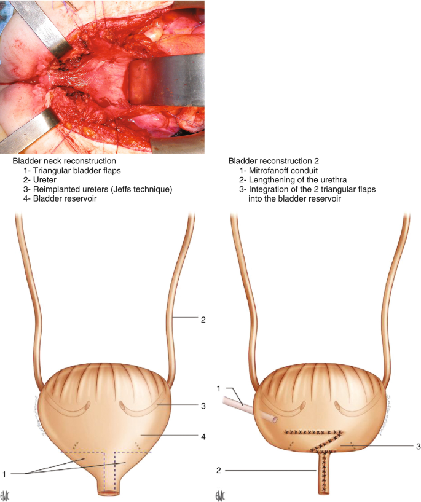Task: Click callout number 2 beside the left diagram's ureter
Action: [202, 320]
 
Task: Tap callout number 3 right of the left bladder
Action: [202, 406]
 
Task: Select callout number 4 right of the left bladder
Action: [202, 437]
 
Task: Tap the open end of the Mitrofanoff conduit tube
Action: [271, 420]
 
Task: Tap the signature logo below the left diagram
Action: [7, 495]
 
